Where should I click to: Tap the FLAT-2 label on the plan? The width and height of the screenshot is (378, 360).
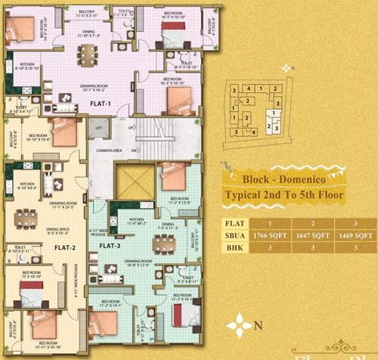pos(64,247)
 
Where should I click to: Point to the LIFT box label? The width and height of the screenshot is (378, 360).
pos(96,129)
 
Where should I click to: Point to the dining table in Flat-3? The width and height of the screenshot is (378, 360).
pos(160,244)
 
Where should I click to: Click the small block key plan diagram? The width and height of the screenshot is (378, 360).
pos(256,113)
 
